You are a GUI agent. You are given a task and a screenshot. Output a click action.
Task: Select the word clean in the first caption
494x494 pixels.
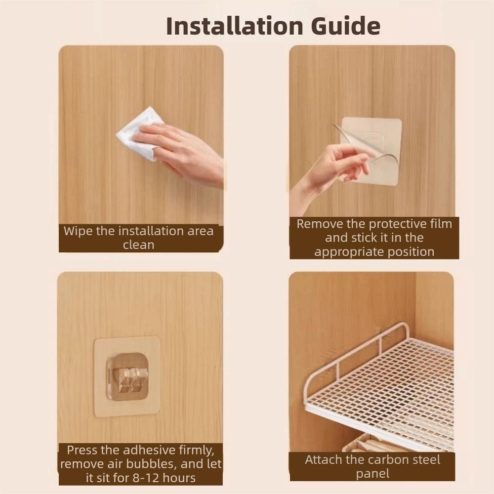pyautogui.click(x=138, y=245)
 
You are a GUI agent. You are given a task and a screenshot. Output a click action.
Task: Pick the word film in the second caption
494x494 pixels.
pyautogui.click(x=441, y=224)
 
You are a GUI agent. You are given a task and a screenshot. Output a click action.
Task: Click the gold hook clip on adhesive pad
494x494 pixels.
pyautogui.click(x=128, y=376)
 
